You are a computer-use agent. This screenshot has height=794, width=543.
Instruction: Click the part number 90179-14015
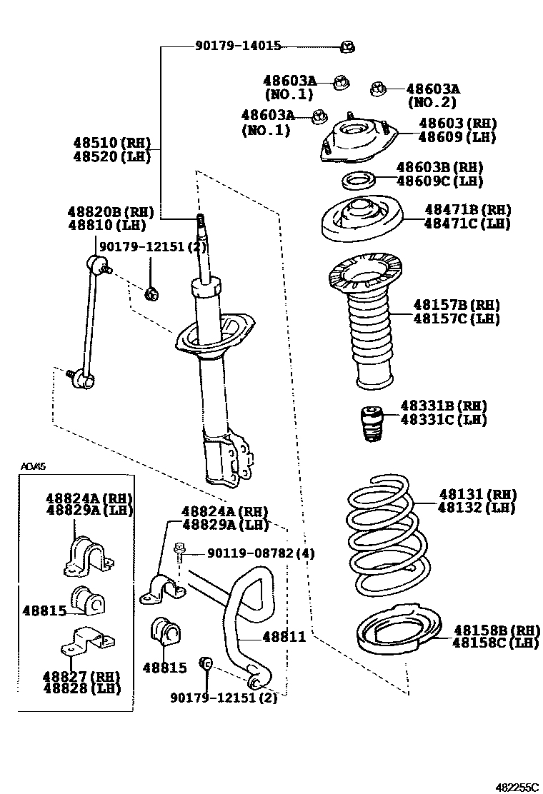point(237,46)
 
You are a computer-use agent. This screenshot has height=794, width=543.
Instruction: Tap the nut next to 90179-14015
point(348,47)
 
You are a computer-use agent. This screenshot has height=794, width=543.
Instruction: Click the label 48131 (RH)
point(477,494)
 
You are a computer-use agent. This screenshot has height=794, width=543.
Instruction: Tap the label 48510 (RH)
point(111,144)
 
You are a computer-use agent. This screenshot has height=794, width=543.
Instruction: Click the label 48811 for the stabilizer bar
point(284,637)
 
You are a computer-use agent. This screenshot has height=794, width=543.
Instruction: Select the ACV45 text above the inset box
point(33,467)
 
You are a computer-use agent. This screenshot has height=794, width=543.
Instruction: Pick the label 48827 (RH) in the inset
point(81,676)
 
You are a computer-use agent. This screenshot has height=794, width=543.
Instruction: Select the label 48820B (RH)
point(111,211)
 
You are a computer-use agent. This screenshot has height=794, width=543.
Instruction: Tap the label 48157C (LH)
point(456,318)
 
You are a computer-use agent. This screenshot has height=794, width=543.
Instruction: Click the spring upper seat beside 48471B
point(361,218)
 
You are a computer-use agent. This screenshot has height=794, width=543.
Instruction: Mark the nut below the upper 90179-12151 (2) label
point(151,293)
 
